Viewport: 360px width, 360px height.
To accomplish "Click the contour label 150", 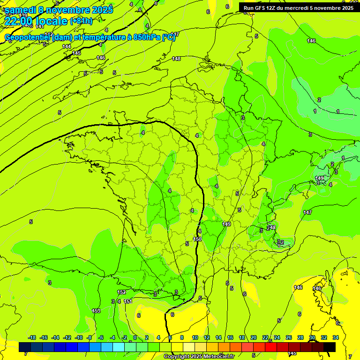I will (x=197, y=239).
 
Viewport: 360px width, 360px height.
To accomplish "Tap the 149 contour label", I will (x=226, y=224).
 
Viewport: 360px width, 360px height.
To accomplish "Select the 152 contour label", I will (x=122, y=292).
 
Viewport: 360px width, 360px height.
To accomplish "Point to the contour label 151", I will (x=128, y=301).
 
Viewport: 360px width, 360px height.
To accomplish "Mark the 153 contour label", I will (x=96, y=311).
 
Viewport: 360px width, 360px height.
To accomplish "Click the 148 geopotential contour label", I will (x=176, y=59).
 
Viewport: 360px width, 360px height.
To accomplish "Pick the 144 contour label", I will (x=67, y=46).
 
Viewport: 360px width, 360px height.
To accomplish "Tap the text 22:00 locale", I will (x=36, y=21).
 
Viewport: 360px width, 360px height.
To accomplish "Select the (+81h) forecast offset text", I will (x=81, y=21).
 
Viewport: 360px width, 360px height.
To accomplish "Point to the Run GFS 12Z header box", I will (x=298, y=7).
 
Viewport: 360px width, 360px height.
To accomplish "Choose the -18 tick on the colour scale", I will (x=32, y=337).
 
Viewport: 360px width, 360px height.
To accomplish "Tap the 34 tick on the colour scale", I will (x=336, y=337).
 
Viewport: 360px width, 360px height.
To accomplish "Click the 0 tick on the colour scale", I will (x=135, y=337).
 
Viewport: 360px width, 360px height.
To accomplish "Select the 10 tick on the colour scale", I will (x=195, y=337).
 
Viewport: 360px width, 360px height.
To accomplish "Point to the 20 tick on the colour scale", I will (x=253, y=337).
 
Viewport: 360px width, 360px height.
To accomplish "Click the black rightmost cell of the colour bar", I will (x=330, y=347).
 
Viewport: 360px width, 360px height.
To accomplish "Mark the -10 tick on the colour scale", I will (x=79, y=337).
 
